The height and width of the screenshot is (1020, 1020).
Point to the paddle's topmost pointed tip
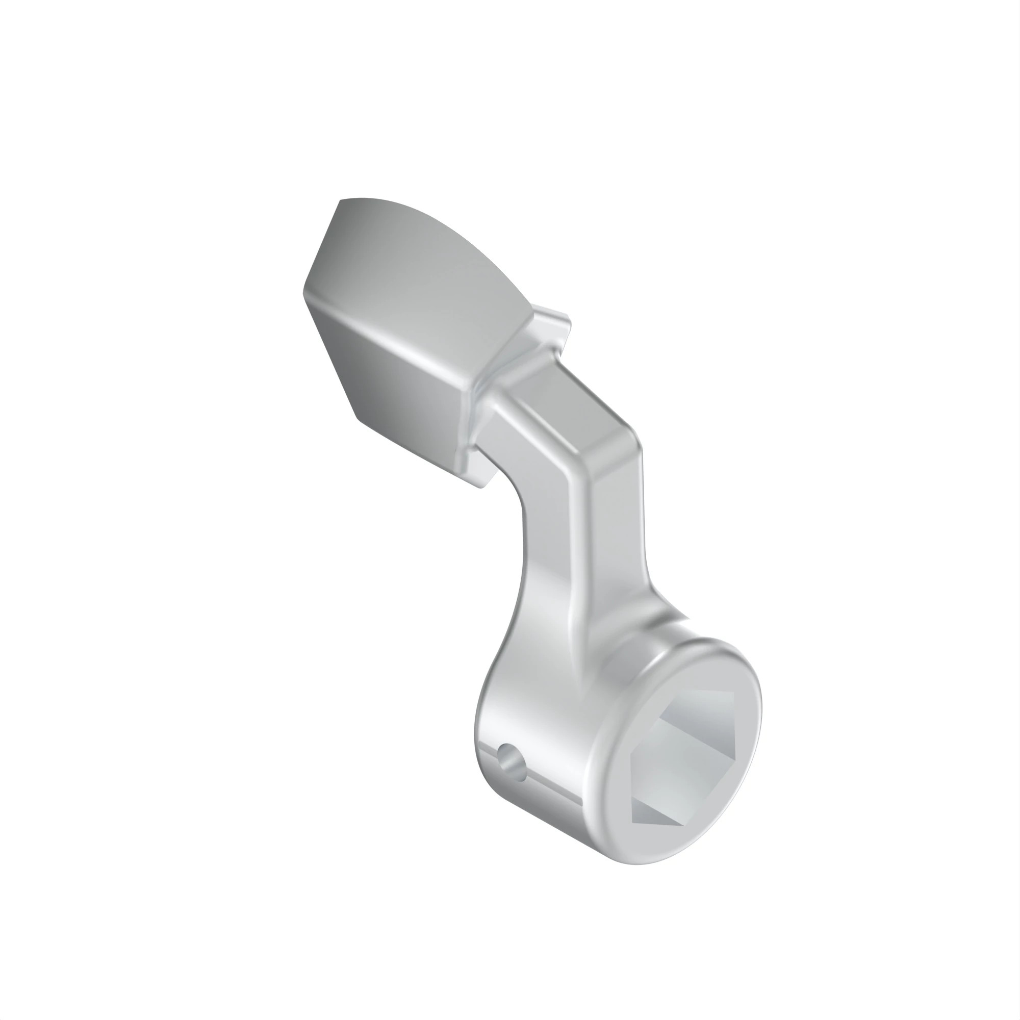tap(341, 200)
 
